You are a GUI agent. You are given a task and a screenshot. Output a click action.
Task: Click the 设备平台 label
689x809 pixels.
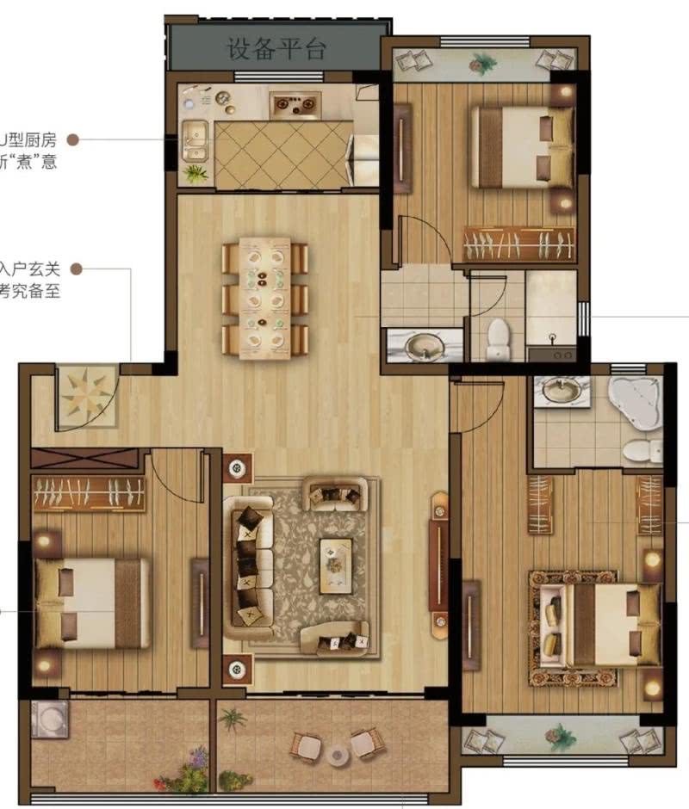276,48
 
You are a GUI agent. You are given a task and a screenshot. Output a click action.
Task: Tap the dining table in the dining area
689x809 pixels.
265,298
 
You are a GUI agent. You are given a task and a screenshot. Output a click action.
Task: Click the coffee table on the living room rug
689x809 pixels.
336,565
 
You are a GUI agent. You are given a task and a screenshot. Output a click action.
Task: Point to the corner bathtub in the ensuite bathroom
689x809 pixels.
635,399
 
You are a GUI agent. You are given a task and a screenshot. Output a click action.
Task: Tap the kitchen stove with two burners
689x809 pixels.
295,105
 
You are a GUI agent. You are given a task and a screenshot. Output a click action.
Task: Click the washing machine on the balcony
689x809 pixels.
49,719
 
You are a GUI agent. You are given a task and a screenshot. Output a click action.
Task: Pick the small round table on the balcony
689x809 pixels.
337,755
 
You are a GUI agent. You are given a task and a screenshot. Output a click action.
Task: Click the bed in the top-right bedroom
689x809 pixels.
522,145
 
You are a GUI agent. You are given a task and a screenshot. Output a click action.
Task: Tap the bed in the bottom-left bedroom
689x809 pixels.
90,602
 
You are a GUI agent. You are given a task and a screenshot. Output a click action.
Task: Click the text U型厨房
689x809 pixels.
28,139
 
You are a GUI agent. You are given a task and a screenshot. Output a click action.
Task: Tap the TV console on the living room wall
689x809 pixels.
440,564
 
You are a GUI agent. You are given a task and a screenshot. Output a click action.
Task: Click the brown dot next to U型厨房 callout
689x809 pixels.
73,139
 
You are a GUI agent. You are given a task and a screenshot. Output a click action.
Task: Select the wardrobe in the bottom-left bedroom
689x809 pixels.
89,494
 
